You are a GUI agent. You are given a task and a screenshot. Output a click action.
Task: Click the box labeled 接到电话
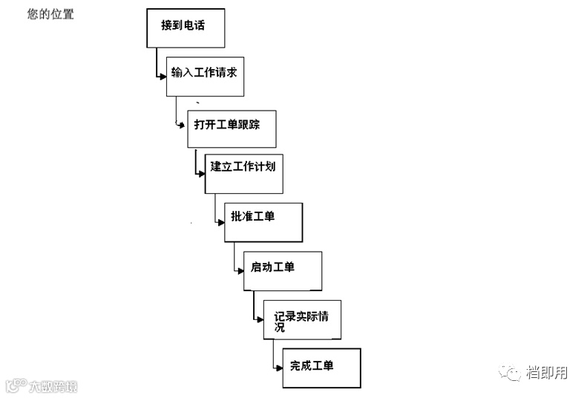point(185,27)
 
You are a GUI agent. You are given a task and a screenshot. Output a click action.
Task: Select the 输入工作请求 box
point(205,75)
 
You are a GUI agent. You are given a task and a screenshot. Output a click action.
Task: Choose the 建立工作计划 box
point(243,172)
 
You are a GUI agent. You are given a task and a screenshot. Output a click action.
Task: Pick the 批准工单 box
point(263,221)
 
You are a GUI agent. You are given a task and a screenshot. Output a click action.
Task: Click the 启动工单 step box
point(282,270)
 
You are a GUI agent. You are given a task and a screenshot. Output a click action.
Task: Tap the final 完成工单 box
point(321,367)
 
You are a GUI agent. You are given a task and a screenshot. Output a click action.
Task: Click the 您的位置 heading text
point(50,13)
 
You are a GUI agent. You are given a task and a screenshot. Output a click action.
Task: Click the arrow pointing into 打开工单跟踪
point(181,125)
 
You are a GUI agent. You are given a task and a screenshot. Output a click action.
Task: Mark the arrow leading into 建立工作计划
point(200,173)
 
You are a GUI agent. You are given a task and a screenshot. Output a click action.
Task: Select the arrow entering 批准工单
point(220,221)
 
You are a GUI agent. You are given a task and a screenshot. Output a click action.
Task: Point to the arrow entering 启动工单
point(238,270)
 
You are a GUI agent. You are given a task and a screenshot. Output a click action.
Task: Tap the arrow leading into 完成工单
point(278,367)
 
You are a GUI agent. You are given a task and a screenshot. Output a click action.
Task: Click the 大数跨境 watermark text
point(53,386)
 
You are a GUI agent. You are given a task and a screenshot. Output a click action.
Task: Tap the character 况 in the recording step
point(280,327)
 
